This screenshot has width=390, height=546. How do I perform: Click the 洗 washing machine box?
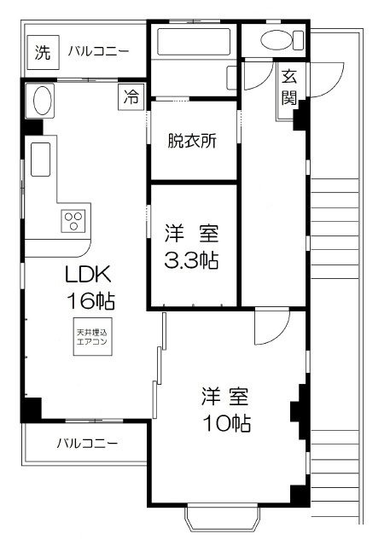click(42, 52)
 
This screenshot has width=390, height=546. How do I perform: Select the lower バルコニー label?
click(88, 444)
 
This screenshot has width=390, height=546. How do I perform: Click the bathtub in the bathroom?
click(192, 42)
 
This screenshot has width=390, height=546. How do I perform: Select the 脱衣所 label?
click(193, 141)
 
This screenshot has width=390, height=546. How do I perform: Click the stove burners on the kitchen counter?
click(73, 221)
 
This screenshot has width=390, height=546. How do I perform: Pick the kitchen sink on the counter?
click(40, 159)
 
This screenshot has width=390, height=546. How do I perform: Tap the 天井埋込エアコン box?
click(91, 336)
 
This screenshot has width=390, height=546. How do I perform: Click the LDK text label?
click(90, 275)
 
